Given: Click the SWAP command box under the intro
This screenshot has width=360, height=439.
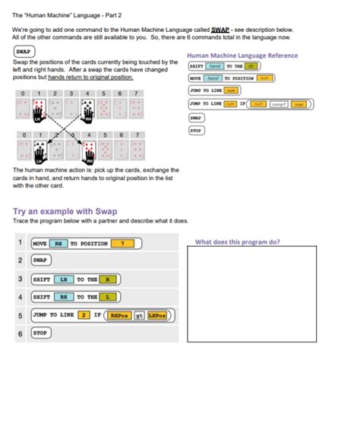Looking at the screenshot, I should point(23,52).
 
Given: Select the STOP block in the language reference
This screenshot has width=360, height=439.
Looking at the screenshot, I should point(195,130).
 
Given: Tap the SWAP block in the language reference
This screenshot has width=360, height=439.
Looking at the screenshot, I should point(195,118).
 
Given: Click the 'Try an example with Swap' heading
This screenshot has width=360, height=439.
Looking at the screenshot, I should point(65,210).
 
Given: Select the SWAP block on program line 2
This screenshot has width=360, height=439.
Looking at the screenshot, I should point(40,261).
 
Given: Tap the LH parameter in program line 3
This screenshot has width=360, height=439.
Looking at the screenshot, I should point(65,279).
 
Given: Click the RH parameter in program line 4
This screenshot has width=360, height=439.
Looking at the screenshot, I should point(65,296).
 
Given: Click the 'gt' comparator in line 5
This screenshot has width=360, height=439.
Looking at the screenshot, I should point(139,314).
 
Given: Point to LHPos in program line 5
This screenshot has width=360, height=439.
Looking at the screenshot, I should point(158,314).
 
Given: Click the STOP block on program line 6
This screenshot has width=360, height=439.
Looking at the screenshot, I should point(40,333).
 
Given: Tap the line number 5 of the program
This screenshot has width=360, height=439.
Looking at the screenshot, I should point(19,314).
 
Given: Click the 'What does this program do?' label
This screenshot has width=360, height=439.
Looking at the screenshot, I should point(238,242).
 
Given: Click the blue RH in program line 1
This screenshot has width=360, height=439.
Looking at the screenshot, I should point(58,243).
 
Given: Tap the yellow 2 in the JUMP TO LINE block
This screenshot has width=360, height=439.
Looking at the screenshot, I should point(85,314).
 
